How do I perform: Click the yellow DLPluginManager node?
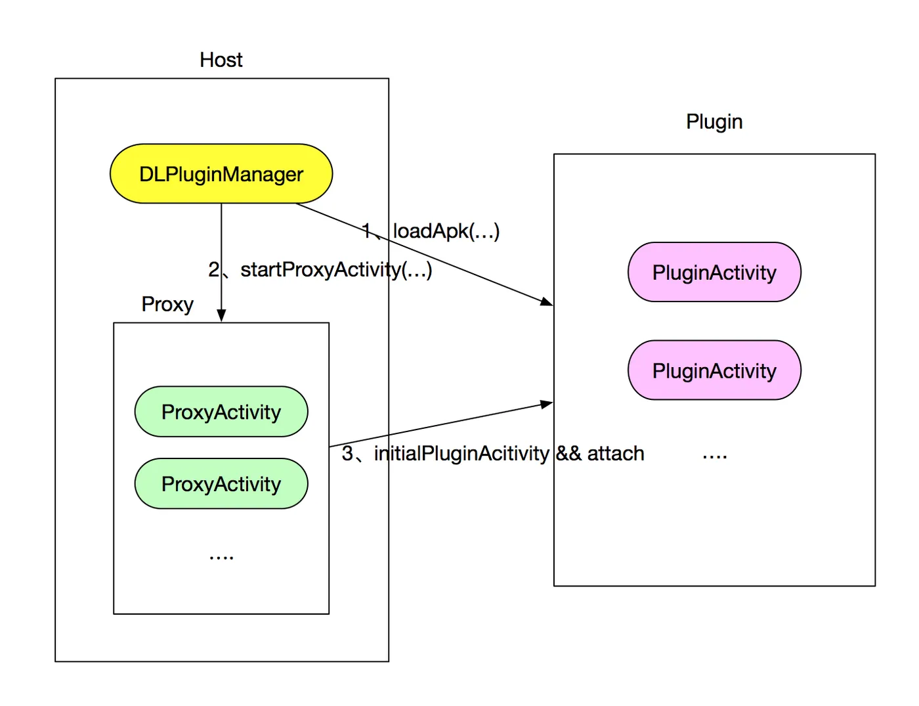point(221,173)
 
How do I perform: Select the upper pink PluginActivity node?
point(714,272)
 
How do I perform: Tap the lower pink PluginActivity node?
point(714,370)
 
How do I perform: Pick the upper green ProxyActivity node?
point(221,412)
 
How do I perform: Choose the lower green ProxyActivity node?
point(221,483)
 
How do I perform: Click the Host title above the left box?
point(221,60)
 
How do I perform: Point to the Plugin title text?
point(714,122)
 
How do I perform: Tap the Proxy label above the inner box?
point(167,305)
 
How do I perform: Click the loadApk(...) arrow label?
point(446,232)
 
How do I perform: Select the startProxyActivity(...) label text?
point(336,271)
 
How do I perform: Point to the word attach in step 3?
point(616,453)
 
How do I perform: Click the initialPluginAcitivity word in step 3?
point(461,454)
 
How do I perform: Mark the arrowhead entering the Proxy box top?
point(221,315)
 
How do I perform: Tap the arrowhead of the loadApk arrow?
point(547,301)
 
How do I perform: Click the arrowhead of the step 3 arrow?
point(547,404)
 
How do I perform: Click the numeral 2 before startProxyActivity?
point(213,269)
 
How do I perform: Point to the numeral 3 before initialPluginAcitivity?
point(347,453)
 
